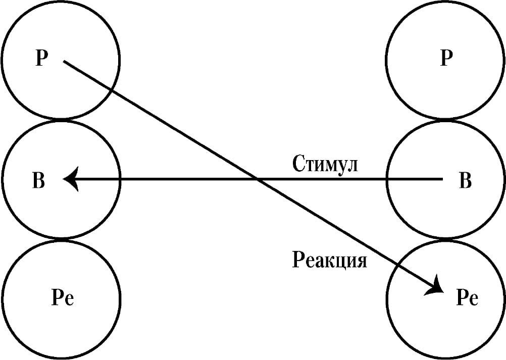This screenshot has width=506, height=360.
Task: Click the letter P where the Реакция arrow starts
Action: click(x=41, y=59)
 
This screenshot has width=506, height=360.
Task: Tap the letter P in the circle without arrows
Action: click(x=446, y=59)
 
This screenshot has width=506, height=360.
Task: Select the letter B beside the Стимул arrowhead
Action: click(x=39, y=181)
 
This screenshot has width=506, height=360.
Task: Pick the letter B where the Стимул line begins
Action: click(x=465, y=181)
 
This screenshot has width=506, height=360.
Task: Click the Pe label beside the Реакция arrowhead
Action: click(x=467, y=298)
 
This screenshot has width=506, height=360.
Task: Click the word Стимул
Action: click(x=325, y=164)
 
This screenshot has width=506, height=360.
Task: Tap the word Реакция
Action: click(x=329, y=260)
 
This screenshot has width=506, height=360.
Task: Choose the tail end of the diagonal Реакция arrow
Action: click(x=64, y=61)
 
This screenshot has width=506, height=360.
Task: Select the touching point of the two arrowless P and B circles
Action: click(x=445, y=119)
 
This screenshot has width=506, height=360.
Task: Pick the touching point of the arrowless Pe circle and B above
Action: click(x=61, y=239)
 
